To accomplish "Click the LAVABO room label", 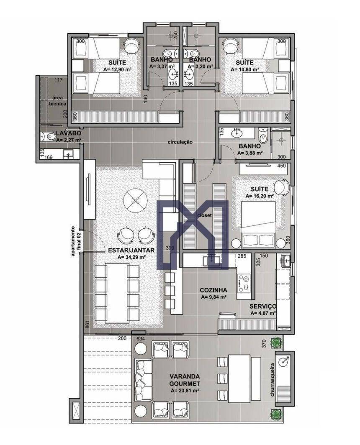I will click(x=65, y=134).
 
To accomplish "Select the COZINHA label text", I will click(x=213, y=290).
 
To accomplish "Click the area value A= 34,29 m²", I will click(x=131, y=257).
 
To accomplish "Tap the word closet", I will click(x=204, y=216).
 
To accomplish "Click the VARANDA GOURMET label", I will click(x=184, y=379).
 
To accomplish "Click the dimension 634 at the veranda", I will click(x=141, y=338).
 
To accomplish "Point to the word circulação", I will click(x=180, y=142).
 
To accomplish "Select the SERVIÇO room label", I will click(x=263, y=306).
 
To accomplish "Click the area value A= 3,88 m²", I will click(x=250, y=153).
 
